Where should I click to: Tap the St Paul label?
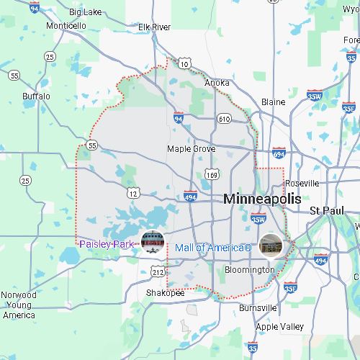click(x=324, y=210)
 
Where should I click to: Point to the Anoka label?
click(x=217, y=83)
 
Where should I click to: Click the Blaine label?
click(x=273, y=102)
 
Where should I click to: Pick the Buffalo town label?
click(x=36, y=96)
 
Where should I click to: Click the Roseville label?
click(x=301, y=184)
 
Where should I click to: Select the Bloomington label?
click(x=249, y=270)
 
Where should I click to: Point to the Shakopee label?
click(x=166, y=293)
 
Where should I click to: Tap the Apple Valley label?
click(x=280, y=326)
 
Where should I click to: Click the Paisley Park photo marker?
click(x=152, y=243)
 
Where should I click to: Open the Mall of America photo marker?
click(x=271, y=245)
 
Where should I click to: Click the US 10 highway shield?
click(x=185, y=64)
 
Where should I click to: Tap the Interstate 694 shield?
click(x=279, y=154)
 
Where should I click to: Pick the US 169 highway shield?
click(x=212, y=174)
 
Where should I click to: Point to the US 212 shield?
click(x=158, y=271)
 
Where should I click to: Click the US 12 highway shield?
click(x=132, y=192)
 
